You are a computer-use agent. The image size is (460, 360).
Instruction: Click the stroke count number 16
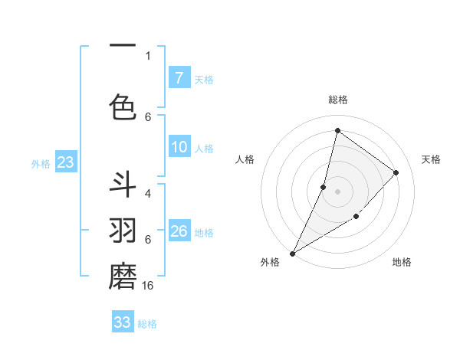coord(149,285)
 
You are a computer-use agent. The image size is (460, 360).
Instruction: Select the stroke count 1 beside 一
coord(148,55)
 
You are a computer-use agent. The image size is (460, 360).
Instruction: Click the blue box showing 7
coord(179,78)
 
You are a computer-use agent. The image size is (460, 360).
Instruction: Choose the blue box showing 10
coord(179,147)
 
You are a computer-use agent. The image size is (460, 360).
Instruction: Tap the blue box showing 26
coord(179,231)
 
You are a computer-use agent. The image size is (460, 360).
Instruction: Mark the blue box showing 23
coord(65,162)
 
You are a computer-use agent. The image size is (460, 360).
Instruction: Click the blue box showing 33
coord(123,322)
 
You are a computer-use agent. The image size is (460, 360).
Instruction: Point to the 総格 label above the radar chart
coord(337,100)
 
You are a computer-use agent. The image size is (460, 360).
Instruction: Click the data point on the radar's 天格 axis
coord(396,172)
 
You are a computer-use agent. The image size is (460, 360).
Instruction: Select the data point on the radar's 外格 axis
coord(292,254)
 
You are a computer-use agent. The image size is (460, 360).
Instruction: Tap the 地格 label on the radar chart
coord(402,262)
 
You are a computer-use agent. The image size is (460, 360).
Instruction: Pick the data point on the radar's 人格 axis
coord(324,187)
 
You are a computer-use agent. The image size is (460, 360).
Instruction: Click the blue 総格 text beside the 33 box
coord(147,324)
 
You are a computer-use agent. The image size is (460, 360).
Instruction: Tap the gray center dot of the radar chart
coord(337,191)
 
